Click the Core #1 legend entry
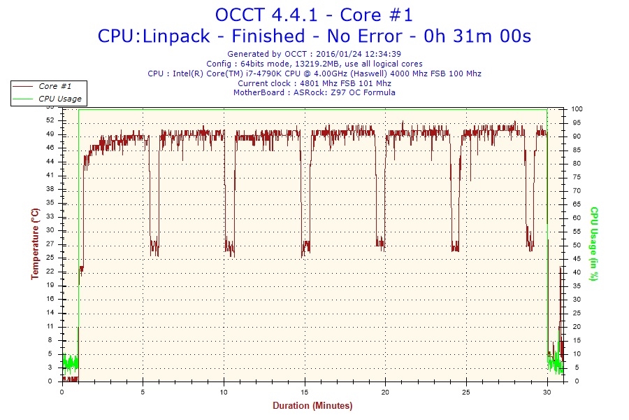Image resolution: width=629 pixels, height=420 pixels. click(55, 86)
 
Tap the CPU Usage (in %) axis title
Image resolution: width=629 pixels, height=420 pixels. click(593, 244)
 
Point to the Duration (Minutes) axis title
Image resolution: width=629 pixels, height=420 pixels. click(312, 406)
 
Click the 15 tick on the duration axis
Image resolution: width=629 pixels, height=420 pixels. click(304, 392)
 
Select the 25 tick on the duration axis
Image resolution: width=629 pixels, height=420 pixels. click(465, 392)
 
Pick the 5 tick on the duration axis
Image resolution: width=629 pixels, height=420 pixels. click(143, 392)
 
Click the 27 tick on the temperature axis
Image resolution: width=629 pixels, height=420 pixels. click(50, 244)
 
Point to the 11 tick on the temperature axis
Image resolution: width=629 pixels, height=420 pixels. click(50, 326)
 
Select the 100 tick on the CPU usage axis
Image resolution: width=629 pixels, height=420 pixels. click(577, 109)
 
